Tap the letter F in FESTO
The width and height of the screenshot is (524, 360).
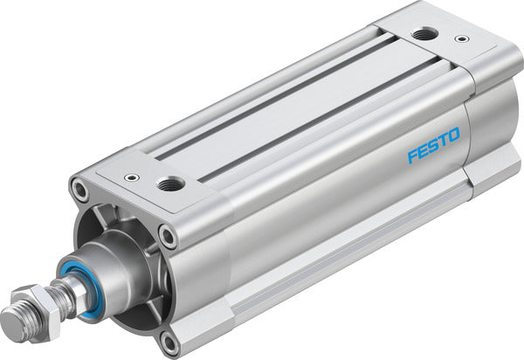click(x=412, y=158)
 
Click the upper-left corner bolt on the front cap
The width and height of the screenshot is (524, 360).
click(x=81, y=189)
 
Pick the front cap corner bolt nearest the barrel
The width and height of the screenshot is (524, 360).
click(x=167, y=233)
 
